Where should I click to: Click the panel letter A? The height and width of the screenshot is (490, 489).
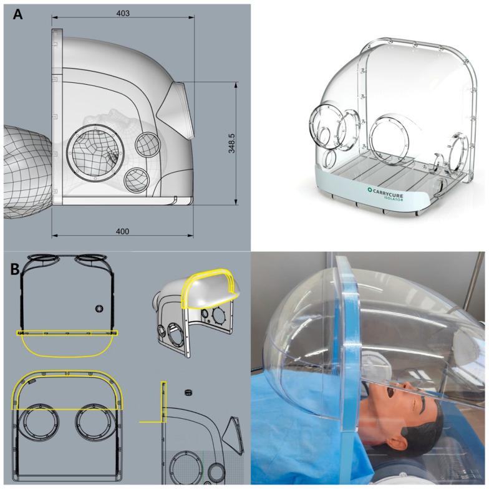pyautogui.click(x=18, y=14)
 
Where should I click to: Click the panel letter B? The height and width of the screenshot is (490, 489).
pyautogui.click(x=15, y=269)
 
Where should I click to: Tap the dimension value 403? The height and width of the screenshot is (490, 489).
pyautogui.click(x=123, y=13)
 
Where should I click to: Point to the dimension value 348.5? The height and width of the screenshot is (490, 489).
pyautogui.click(x=231, y=143)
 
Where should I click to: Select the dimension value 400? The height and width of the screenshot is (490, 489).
pyautogui.click(x=122, y=231)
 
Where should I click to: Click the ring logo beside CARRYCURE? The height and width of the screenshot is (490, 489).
pyautogui.click(x=370, y=190)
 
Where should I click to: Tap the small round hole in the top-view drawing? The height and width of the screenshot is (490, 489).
pyautogui.click(x=99, y=309)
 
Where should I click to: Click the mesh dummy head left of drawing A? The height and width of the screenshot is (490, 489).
pyautogui.click(x=27, y=172)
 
